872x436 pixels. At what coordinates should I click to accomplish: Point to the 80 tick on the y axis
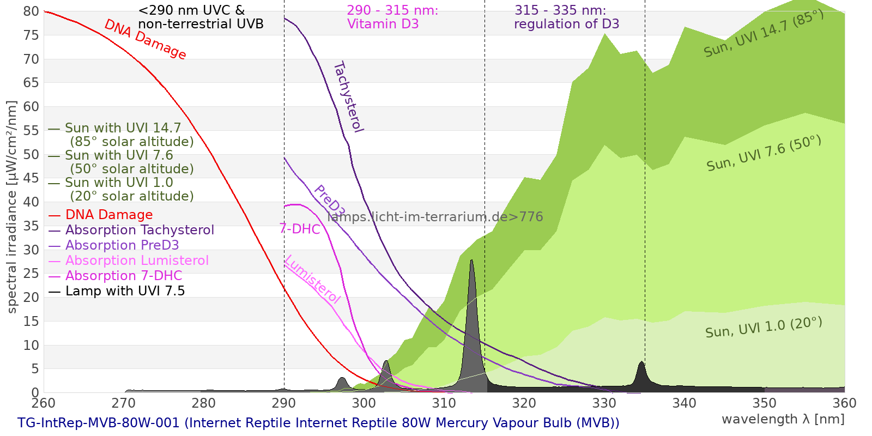point(31,11)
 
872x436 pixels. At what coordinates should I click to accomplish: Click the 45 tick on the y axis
point(31,178)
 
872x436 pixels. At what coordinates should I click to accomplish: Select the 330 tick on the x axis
point(604,403)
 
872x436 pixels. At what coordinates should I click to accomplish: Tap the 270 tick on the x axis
point(124,403)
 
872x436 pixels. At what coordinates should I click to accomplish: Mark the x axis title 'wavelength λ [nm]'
point(783,419)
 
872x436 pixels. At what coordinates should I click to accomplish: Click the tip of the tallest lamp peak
point(472,260)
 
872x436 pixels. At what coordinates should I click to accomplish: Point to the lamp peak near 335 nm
point(641,362)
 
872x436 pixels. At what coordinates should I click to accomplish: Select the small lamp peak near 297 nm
point(342,378)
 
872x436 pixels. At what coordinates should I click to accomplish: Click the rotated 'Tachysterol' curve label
point(348,97)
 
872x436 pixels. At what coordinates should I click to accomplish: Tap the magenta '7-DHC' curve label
point(300,229)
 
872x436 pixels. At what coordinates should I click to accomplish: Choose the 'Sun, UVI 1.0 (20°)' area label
point(764,328)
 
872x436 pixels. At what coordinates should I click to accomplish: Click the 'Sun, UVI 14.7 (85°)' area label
point(764,33)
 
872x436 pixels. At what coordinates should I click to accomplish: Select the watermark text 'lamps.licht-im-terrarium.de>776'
point(435,217)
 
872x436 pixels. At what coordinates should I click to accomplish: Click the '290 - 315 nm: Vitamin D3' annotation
point(392,17)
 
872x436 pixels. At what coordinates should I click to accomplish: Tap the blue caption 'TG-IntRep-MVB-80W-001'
point(99,423)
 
